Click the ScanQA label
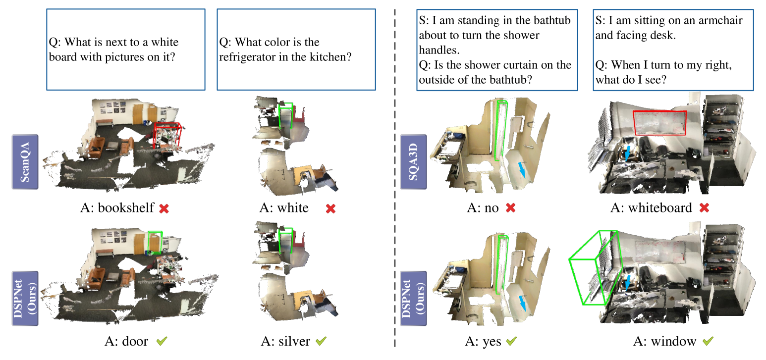[x=25, y=161]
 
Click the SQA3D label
[x=413, y=161]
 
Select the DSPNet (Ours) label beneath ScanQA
[x=25, y=298]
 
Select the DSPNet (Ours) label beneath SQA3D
[x=413, y=298]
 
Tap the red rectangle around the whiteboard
[x=659, y=123]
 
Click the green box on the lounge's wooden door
[x=155, y=242]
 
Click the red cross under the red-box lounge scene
[x=164, y=208]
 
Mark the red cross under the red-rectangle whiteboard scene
[x=704, y=208]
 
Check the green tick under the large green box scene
[x=708, y=341]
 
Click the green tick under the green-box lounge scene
[x=162, y=341]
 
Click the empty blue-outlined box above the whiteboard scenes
[x=673, y=50]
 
